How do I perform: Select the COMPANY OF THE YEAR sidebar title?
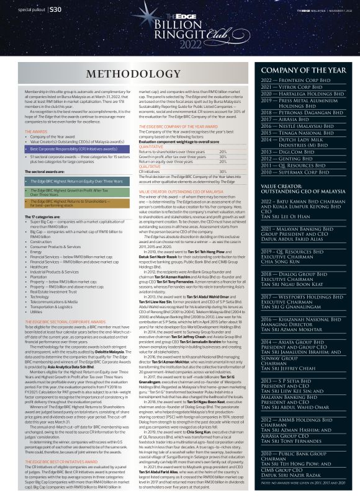click(304, 71)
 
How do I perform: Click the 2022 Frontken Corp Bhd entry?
click(292, 81)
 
